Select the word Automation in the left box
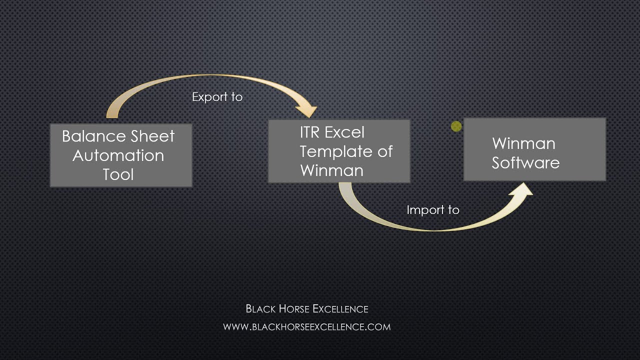click(118, 155)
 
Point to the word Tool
click(118, 174)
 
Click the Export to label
click(217, 97)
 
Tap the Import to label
click(432, 210)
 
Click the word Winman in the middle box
click(331, 170)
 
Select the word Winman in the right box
click(523, 143)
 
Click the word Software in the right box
click(525, 163)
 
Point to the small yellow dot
click(456, 126)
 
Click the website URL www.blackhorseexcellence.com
click(306, 327)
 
